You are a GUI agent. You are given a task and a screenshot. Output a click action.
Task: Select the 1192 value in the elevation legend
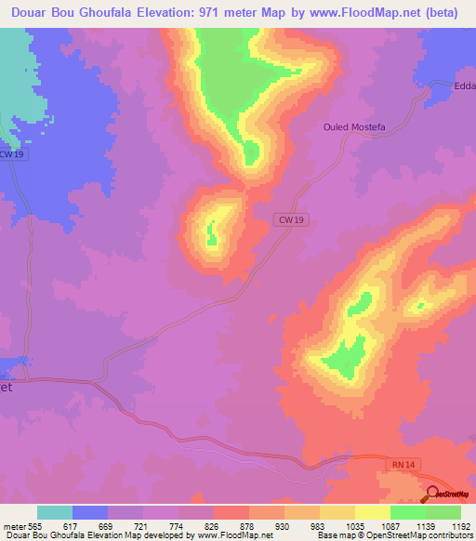click(x=450, y=525)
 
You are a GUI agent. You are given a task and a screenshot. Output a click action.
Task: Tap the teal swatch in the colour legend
click(x=54, y=512)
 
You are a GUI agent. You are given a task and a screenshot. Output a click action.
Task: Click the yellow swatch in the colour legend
click(x=371, y=512)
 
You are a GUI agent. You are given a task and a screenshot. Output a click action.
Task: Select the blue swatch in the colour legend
click(x=90, y=512)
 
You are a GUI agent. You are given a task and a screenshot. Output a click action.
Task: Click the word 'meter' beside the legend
click(x=12, y=525)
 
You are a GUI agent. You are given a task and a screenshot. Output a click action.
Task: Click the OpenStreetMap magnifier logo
click(x=433, y=495)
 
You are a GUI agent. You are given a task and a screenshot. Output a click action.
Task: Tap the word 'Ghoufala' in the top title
click(x=126, y=12)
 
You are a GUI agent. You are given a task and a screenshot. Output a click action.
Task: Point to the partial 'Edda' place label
click(x=464, y=86)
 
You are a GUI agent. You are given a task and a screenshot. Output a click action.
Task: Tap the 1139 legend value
click(x=408, y=525)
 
